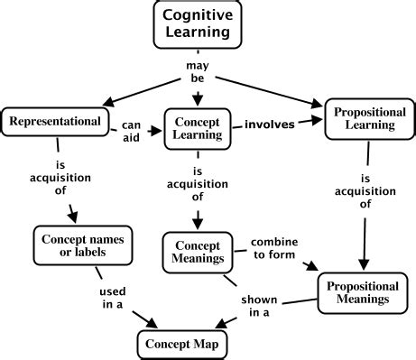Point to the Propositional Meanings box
point(359,291)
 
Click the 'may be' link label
point(196,73)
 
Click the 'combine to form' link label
point(273,249)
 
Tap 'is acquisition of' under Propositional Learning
point(365,191)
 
